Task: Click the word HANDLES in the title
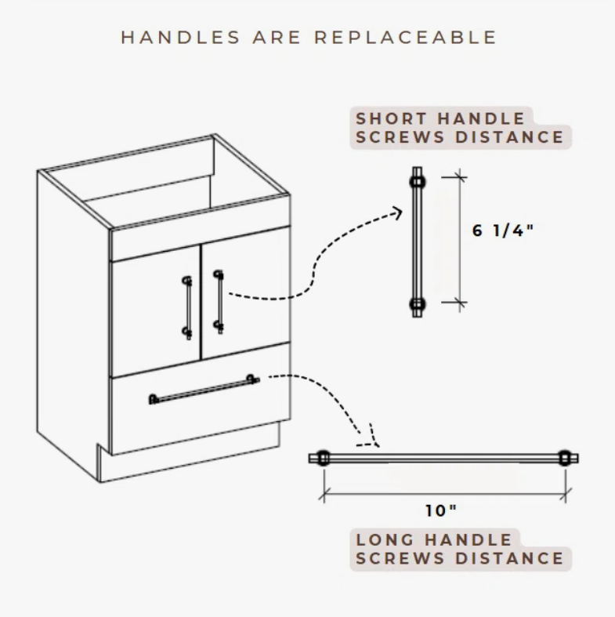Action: [180, 38]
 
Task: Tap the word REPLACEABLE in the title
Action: [405, 38]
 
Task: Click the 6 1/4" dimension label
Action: [503, 230]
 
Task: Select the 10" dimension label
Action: [441, 510]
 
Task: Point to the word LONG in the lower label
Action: [385, 540]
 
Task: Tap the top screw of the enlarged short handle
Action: [418, 181]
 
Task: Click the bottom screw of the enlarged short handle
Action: [418, 303]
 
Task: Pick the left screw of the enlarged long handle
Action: [323, 458]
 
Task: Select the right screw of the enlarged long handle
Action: [565, 458]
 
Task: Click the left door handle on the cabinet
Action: [187, 307]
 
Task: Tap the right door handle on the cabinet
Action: [219, 302]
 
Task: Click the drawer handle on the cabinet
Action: [204, 390]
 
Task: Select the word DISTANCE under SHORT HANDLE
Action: [509, 137]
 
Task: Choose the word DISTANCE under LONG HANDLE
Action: [509, 558]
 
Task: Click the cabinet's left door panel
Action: [156, 312]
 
